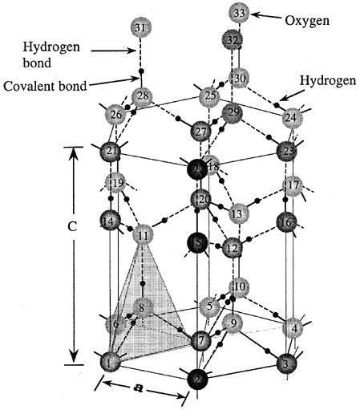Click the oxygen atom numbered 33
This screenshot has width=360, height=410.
pyautogui.click(x=239, y=14)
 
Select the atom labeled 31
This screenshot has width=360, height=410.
pyautogui.click(x=140, y=30)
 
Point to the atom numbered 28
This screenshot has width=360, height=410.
pyautogui.click(x=143, y=98)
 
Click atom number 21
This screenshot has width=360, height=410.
pyautogui.click(x=111, y=152)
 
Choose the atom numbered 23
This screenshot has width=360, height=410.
pyautogui.click(x=286, y=151)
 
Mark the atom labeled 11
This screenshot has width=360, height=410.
pyautogui.click(x=144, y=235)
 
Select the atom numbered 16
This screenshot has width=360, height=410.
pyautogui.click(x=286, y=221)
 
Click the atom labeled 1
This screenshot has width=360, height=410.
pyautogui.click(x=110, y=363)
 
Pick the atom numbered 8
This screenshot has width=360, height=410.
pyautogui.click(x=142, y=307)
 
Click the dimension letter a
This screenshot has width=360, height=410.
pyautogui.click(x=137, y=388)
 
